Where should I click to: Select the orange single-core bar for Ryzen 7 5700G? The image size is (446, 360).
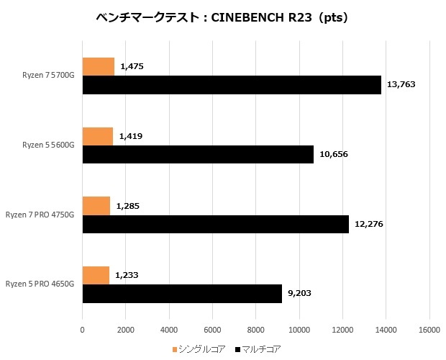click(x=99, y=66)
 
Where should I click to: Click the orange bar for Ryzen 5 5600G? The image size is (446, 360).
click(x=98, y=136)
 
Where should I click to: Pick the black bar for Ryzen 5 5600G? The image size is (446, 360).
click(x=198, y=154)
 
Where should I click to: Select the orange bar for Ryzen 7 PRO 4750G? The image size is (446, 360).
click(x=96, y=206)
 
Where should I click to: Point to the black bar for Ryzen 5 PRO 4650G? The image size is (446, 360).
click(x=182, y=293)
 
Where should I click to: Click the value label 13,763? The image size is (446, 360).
click(x=401, y=85)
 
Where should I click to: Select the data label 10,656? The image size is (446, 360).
click(x=333, y=154)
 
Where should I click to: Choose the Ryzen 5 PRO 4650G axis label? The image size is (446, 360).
click(x=40, y=284)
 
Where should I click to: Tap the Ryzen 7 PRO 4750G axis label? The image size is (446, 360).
click(x=40, y=215)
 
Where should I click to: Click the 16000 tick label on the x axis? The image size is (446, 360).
click(x=429, y=330)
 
